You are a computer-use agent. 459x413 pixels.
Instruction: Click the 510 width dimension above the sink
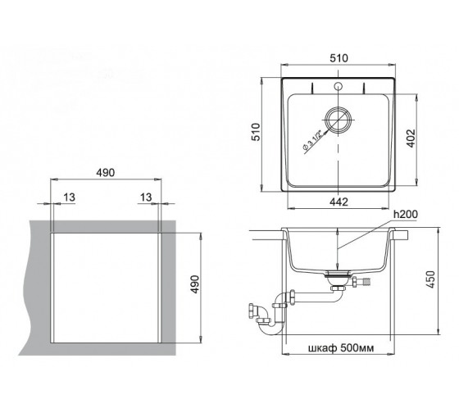339,58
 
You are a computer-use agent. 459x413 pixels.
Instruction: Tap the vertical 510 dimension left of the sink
256,132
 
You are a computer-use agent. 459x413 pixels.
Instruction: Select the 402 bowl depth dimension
411,138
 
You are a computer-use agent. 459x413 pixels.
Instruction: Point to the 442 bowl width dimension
339,202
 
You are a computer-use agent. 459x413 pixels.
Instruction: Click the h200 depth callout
406,215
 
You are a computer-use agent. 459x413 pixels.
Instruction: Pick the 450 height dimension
430,279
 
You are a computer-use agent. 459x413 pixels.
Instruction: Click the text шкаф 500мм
341,348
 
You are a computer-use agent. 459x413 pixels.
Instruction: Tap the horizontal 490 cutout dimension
106,173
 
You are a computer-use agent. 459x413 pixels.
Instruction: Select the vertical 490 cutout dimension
194,284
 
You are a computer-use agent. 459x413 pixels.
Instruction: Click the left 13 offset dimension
70,197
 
